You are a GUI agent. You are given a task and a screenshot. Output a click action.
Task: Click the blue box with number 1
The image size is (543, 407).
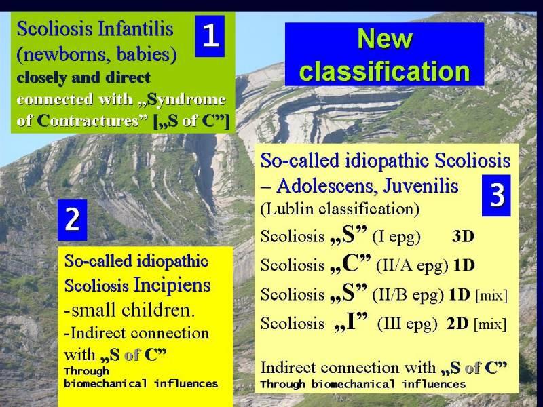click(x=210, y=36)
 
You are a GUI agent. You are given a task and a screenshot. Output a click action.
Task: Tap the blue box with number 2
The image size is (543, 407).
click(x=72, y=220)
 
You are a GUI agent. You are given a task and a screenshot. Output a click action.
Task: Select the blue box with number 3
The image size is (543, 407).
click(x=496, y=195)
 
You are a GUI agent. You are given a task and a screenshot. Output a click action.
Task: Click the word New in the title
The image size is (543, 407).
click(x=384, y=39)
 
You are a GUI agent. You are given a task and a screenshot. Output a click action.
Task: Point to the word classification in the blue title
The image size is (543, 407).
click(x=384, y=71)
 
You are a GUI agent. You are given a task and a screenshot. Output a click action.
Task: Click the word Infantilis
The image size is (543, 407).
click(x=135, y=28)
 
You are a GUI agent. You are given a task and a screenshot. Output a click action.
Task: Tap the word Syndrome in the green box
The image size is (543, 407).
click(x=186, y=100)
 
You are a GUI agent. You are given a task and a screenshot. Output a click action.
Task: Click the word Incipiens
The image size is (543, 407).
click(x=172, y=285)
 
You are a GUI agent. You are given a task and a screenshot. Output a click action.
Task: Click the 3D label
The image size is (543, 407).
click(x=463, y=236)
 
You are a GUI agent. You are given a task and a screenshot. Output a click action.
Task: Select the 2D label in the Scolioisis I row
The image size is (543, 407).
click(x=457, y=324)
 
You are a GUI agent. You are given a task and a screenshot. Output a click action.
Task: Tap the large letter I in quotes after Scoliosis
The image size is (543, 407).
click(x=351, y=322)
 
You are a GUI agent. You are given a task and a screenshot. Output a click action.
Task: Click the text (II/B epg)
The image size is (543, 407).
click(x=408, y=294)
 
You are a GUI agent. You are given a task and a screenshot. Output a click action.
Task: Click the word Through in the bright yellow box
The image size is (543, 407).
click(x=86, y=371)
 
